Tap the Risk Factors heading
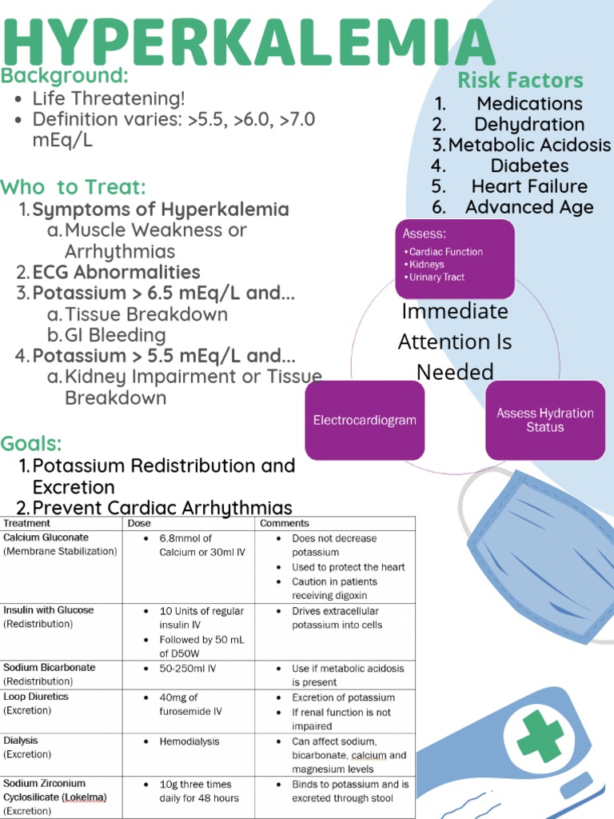[520, 81]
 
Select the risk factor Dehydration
[529, 124]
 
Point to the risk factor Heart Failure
[529, 186]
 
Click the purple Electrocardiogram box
[365, 420]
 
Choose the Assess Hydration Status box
[544, 420]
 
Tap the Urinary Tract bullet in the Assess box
[437, 277]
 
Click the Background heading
[65, 76]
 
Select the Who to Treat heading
[74, 187]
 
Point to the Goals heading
[31, 443]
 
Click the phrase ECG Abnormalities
[116, 272]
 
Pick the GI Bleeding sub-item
[115, 335]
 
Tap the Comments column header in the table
[278, 523]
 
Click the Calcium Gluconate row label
[46, 537]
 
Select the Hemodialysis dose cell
[190, 741]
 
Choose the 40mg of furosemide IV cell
[190, 704]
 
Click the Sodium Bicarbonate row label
[49, 667]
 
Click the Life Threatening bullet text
[109, 98]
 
